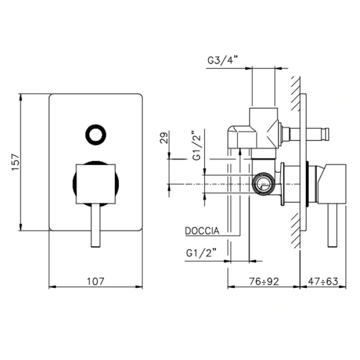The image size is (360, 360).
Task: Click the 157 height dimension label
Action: [x=16, y=162]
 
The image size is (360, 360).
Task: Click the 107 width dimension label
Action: [x=95, y=281]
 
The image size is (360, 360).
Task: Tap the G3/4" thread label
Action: [x=222, y=61]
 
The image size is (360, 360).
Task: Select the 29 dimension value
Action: [x=164, y=138]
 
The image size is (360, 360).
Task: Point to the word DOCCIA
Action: [x=202, y=231]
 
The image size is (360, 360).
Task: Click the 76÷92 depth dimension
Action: [x=264, y=281]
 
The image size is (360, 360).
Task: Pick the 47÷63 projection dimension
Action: [x=323, y=281]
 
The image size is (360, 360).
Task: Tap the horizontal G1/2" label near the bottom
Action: [x=201, y=253]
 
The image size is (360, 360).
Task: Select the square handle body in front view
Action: [x=95, y=184]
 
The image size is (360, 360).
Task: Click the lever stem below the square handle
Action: [x=95, y=225]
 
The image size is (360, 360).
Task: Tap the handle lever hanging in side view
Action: [x=333, y=225]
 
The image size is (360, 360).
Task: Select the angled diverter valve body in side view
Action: [x=253, y=131]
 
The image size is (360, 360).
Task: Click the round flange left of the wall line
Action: [x=283, y=184]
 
